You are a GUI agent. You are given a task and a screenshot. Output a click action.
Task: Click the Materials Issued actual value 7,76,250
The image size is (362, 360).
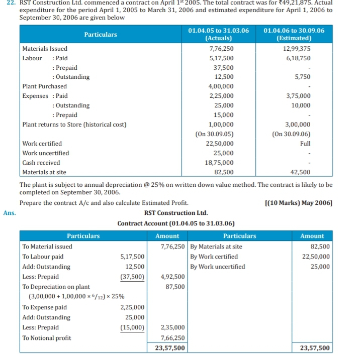(221, 49)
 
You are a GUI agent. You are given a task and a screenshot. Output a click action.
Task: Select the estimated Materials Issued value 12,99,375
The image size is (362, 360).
(297, 49)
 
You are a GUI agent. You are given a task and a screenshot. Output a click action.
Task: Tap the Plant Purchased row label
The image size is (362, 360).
(45, 86)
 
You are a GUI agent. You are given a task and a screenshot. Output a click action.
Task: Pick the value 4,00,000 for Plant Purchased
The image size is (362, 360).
(221, 86)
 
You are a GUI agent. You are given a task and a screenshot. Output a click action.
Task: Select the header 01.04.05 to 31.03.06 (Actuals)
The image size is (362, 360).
(219, 34)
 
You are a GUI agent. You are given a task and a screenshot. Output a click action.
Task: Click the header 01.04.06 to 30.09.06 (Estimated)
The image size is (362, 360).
(294, 34)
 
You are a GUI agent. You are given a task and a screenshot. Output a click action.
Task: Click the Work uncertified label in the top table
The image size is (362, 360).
(46, 153)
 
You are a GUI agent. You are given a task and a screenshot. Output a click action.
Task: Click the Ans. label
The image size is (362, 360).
(10, 213)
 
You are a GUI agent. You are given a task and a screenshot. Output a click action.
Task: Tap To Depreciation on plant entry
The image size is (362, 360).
(56, 287)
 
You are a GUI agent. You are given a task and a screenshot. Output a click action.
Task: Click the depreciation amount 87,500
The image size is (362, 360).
(174, 287)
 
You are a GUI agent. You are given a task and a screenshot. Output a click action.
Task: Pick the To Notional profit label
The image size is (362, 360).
(47, 338)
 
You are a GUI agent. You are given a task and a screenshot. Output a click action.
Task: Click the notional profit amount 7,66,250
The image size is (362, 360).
(172, 338)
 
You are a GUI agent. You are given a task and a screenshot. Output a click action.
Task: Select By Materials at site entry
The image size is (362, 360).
(216, 247)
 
